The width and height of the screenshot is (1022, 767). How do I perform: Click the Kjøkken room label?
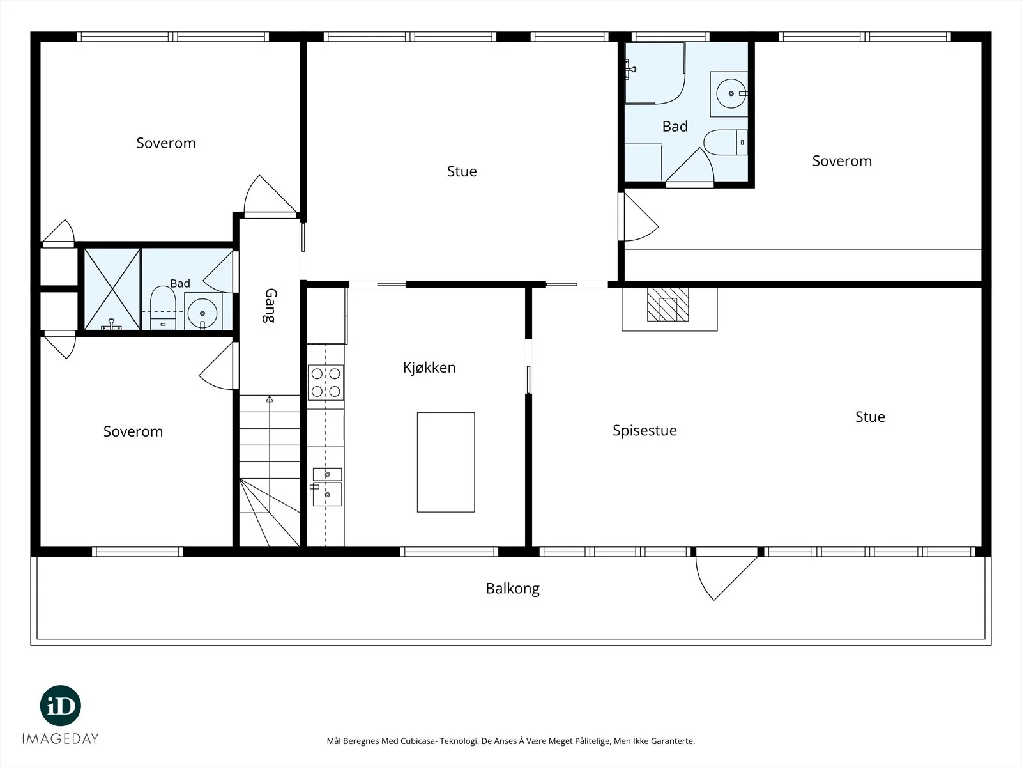pyautogui.click(x=429, y=368)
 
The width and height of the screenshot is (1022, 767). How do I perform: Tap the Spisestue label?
pyautogui.click(x=644, y=431)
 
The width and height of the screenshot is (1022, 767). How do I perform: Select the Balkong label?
pyautogui.click(x=512, y=589)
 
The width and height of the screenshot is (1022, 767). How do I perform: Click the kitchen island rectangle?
pyautogui.click(x=446, y=462)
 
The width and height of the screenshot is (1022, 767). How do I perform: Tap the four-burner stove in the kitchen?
pyautogui.click(x=326, y=382)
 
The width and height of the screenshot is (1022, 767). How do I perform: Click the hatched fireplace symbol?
pyautogui.click(x=667, y=305)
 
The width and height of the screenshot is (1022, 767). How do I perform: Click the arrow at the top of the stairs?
pyautogui.click(x=269, y=399)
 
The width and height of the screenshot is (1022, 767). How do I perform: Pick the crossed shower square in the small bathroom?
pyautogui.click(x=112, y=289)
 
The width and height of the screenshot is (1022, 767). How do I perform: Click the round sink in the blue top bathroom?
pyautogui.click(x=730, y=93)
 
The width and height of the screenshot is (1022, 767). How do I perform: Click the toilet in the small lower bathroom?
pyautogui.click(x=162, y=308)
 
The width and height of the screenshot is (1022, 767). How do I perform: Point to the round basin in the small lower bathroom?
pyautogui.click(x=202, y=313)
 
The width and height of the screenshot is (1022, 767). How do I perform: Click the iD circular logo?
pyautogui.click(x=61, y=706)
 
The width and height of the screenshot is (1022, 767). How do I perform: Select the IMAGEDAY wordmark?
pyautogui.click(x=61, y=739)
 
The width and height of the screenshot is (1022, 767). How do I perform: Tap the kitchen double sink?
pyautogui.click(x=327, y=486)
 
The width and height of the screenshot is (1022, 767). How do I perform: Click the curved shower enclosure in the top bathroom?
pyautogui.click(x=655, y=73)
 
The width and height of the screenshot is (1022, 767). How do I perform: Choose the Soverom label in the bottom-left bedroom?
pyautogui.click(x=133, y=431)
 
